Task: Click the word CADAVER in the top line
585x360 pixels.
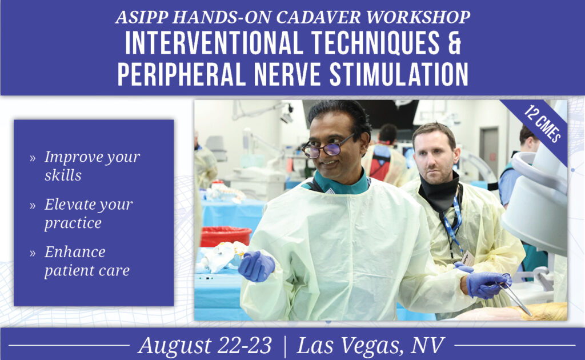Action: click(x=319, y=17)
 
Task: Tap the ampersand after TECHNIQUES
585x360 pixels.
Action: click(x=454, y=43)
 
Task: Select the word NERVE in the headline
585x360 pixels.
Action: click(x=287, y=74)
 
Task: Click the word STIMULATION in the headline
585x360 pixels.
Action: click(x=398, y=74)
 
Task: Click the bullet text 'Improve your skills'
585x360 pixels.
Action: click(x=92, y=166)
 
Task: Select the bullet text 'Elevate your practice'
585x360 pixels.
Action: click(x=89, y=213)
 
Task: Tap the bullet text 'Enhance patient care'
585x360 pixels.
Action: click(x=87, y=261)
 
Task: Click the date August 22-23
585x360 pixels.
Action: click(x=205, y=346)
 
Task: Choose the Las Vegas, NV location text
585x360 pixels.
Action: click(x=371, y=346)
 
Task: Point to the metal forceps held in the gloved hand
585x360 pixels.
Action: click(x=516, y=298)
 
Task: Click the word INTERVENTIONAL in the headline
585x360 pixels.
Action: click(x=214, y=43)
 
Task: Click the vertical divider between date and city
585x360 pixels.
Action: click(x=285, y=346)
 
